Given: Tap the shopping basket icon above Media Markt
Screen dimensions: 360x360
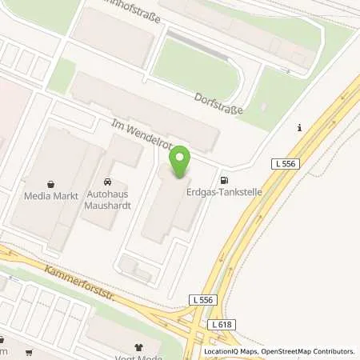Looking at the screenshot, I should [51, 183].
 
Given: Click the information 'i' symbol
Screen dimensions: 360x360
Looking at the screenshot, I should [298, 128].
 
